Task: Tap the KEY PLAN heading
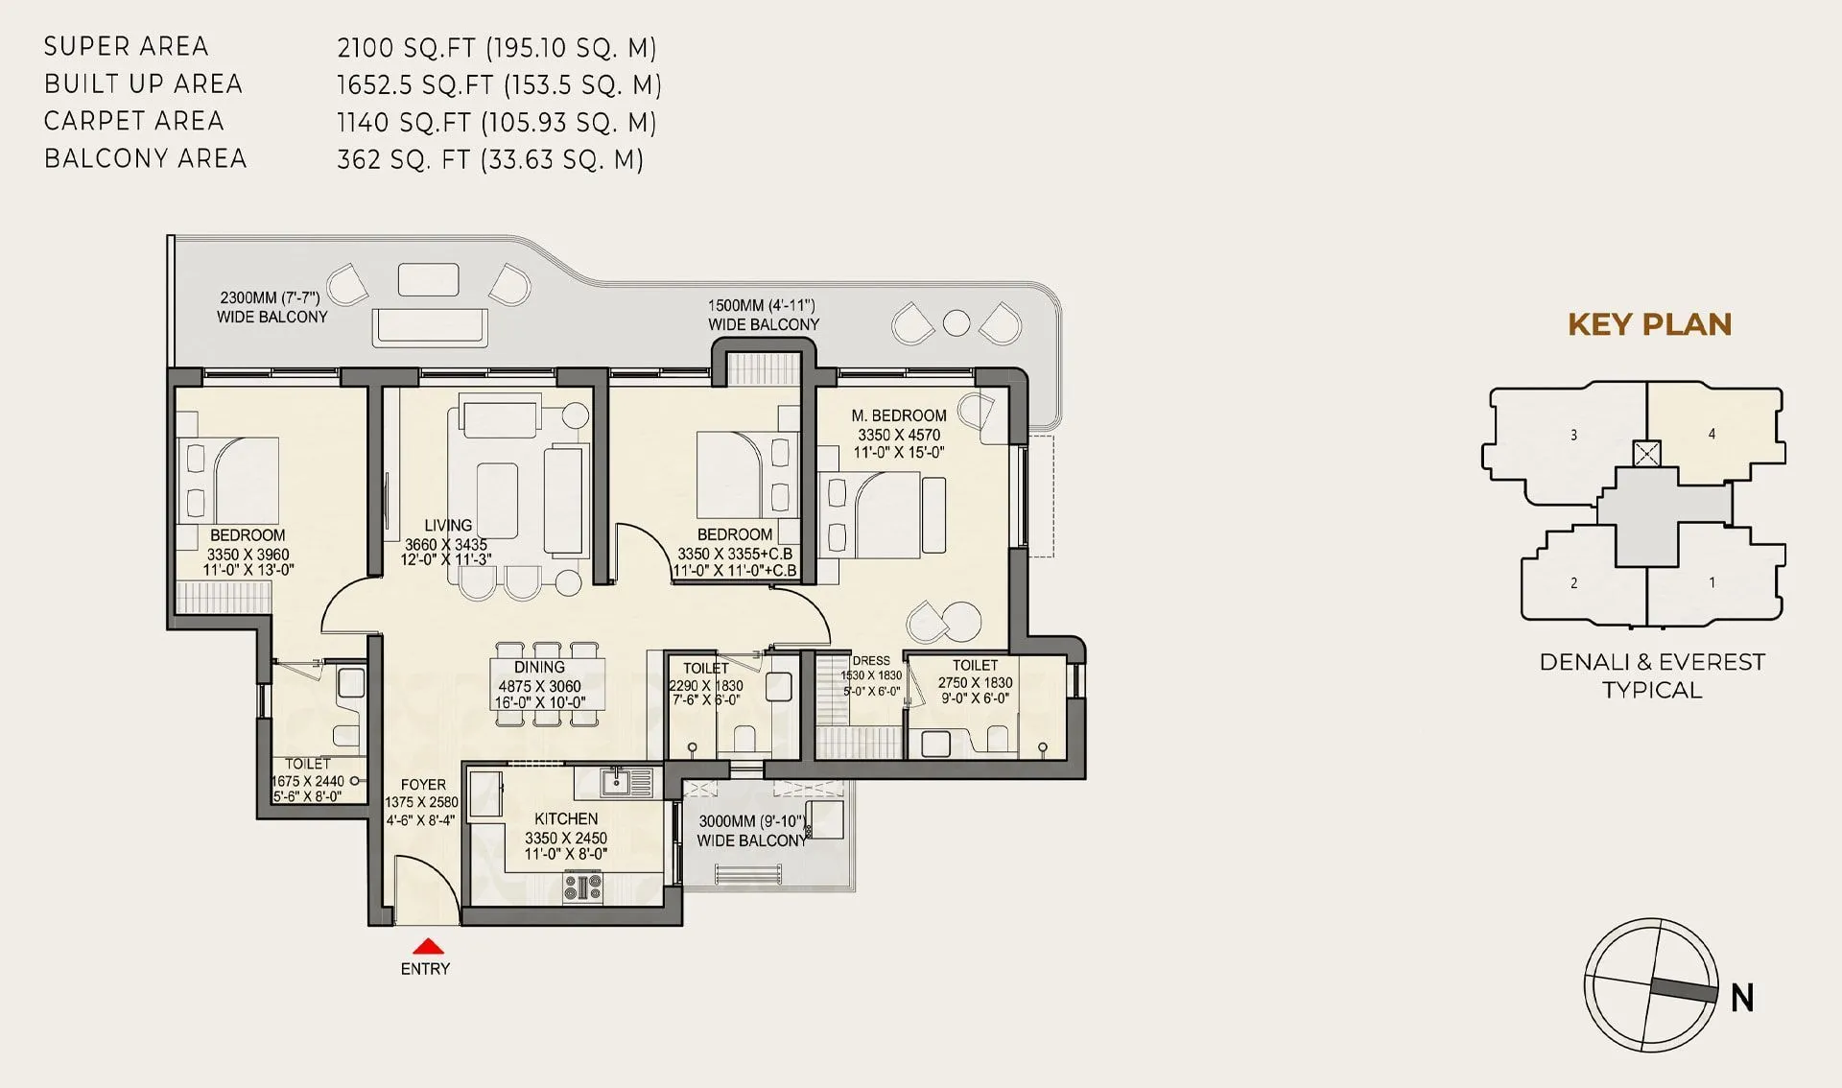coord(1649,324)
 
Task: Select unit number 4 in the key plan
coord(1712,434)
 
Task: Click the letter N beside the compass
coord(1742,999)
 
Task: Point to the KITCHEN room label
coord(566,818)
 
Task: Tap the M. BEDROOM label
coord(898,415)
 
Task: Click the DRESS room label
coord(870,660)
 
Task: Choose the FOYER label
coord(423,784)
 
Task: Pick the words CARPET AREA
coord(134,121)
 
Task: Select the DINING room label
coord(539,667)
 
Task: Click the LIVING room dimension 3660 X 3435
coord(445,544)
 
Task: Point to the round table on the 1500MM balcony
coord(956,322)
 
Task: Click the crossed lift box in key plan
coord(1646,453)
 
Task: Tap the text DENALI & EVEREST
coord(1651,662)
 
